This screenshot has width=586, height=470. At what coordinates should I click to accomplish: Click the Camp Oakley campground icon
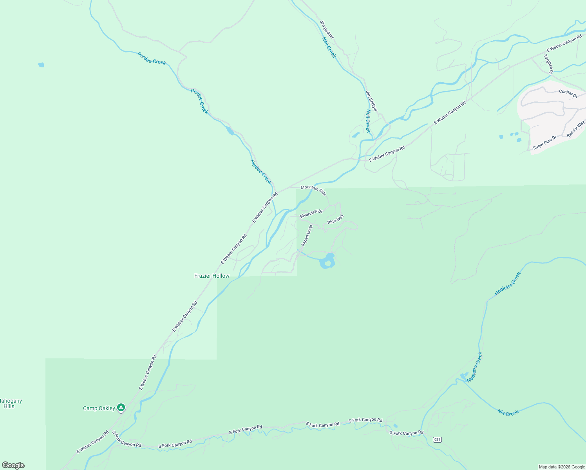click(121, 408)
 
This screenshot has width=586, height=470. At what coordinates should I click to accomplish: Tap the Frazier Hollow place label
click(212, 276)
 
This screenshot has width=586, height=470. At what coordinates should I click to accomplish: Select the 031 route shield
click(437, 439)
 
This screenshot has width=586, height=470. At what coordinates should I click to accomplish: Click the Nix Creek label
click(508, 413)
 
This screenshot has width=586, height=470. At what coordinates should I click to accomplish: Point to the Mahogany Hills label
click(9, 403)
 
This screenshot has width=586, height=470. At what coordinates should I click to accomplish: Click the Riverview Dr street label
click(311, 214)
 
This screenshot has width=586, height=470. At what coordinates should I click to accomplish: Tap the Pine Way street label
click(335, 219)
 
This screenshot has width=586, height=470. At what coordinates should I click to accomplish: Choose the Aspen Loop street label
click(307, 235)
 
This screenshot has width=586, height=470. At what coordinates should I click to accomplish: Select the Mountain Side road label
click(313, 190)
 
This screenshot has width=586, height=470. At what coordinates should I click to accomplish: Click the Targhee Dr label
click(548, 64)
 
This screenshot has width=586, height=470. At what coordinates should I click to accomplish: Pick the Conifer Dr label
click(568, 94)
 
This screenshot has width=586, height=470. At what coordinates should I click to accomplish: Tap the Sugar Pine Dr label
click(544, 143)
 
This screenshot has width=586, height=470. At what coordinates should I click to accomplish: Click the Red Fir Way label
click(576, 129)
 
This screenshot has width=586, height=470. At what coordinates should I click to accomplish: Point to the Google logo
click(13, 465)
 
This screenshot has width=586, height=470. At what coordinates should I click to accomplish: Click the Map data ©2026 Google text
click(561, 467)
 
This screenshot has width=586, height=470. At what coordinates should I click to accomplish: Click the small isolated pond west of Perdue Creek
click(41, 65)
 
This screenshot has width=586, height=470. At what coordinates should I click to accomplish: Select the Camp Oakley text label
click(99, 408)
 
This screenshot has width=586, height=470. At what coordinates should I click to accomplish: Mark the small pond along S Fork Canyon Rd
click(395, 426)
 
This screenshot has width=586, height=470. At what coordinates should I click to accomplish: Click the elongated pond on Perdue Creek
click(230, 131)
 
